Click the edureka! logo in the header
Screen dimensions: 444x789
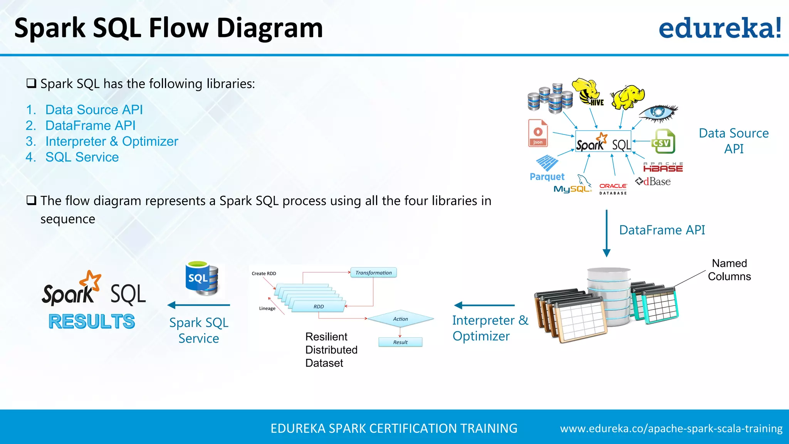point(720,29)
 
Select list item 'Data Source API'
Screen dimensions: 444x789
point(94,110)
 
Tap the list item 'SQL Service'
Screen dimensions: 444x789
point(82,157)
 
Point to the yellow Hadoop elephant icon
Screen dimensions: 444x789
point(628,97)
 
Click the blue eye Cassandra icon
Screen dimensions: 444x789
point(658,113)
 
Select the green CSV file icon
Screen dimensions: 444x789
point(663,142)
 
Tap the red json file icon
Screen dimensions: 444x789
point(538,133)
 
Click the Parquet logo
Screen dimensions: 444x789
point(547,168)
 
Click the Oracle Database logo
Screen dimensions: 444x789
point(613,188)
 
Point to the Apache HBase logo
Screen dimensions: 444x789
point(663,167)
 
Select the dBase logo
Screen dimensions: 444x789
point(653,182)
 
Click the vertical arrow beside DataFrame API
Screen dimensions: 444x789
point(606,233)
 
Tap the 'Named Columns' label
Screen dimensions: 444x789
point(729,270)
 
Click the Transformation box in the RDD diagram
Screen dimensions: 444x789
point(373,273)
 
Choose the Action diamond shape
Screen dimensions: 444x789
point(400,319)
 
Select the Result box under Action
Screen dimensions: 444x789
point(400,342)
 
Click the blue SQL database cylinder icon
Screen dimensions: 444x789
point(201,279)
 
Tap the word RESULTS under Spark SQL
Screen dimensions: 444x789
point(92,321)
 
